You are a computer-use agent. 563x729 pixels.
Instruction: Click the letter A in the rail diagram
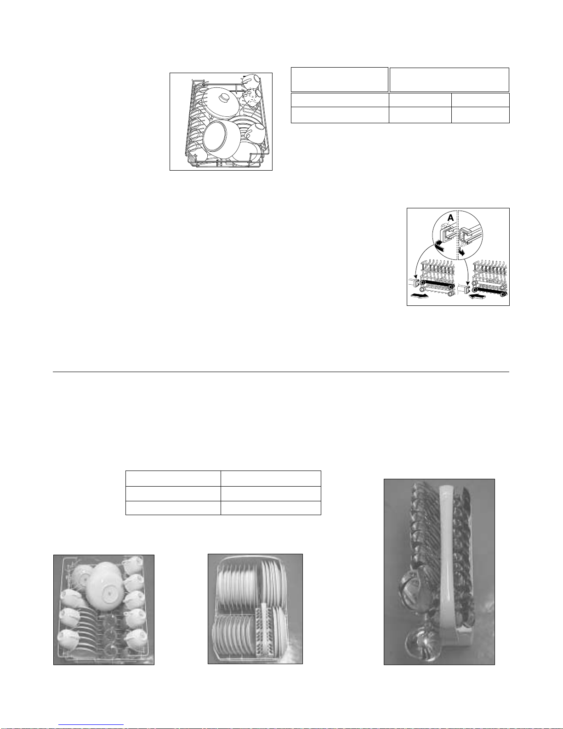[451, 218]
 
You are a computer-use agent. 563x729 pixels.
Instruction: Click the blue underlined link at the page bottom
[91, 724]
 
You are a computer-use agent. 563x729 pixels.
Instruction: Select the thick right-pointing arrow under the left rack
[419, 295]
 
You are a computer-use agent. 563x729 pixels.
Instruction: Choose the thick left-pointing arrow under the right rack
[478, 296]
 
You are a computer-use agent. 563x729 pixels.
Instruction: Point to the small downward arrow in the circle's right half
[462, 252]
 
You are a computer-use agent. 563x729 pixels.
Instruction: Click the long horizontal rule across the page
[281, 372]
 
